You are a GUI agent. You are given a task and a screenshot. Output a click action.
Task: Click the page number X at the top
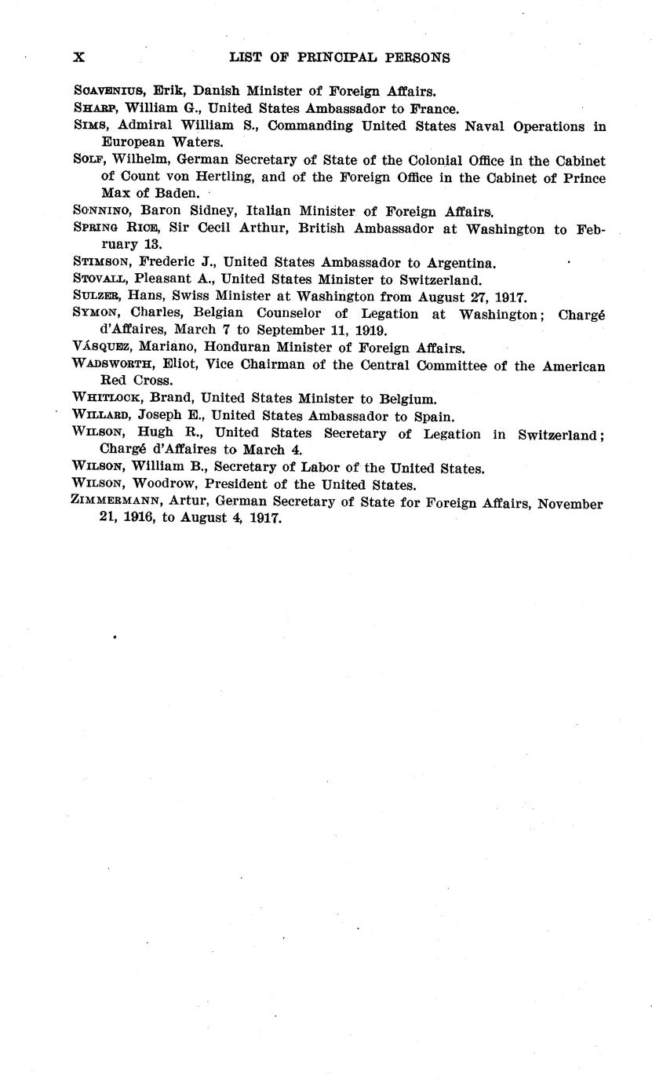(x=78, y=57)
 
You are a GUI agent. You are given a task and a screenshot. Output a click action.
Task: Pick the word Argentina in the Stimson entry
(x=459, y=263)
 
